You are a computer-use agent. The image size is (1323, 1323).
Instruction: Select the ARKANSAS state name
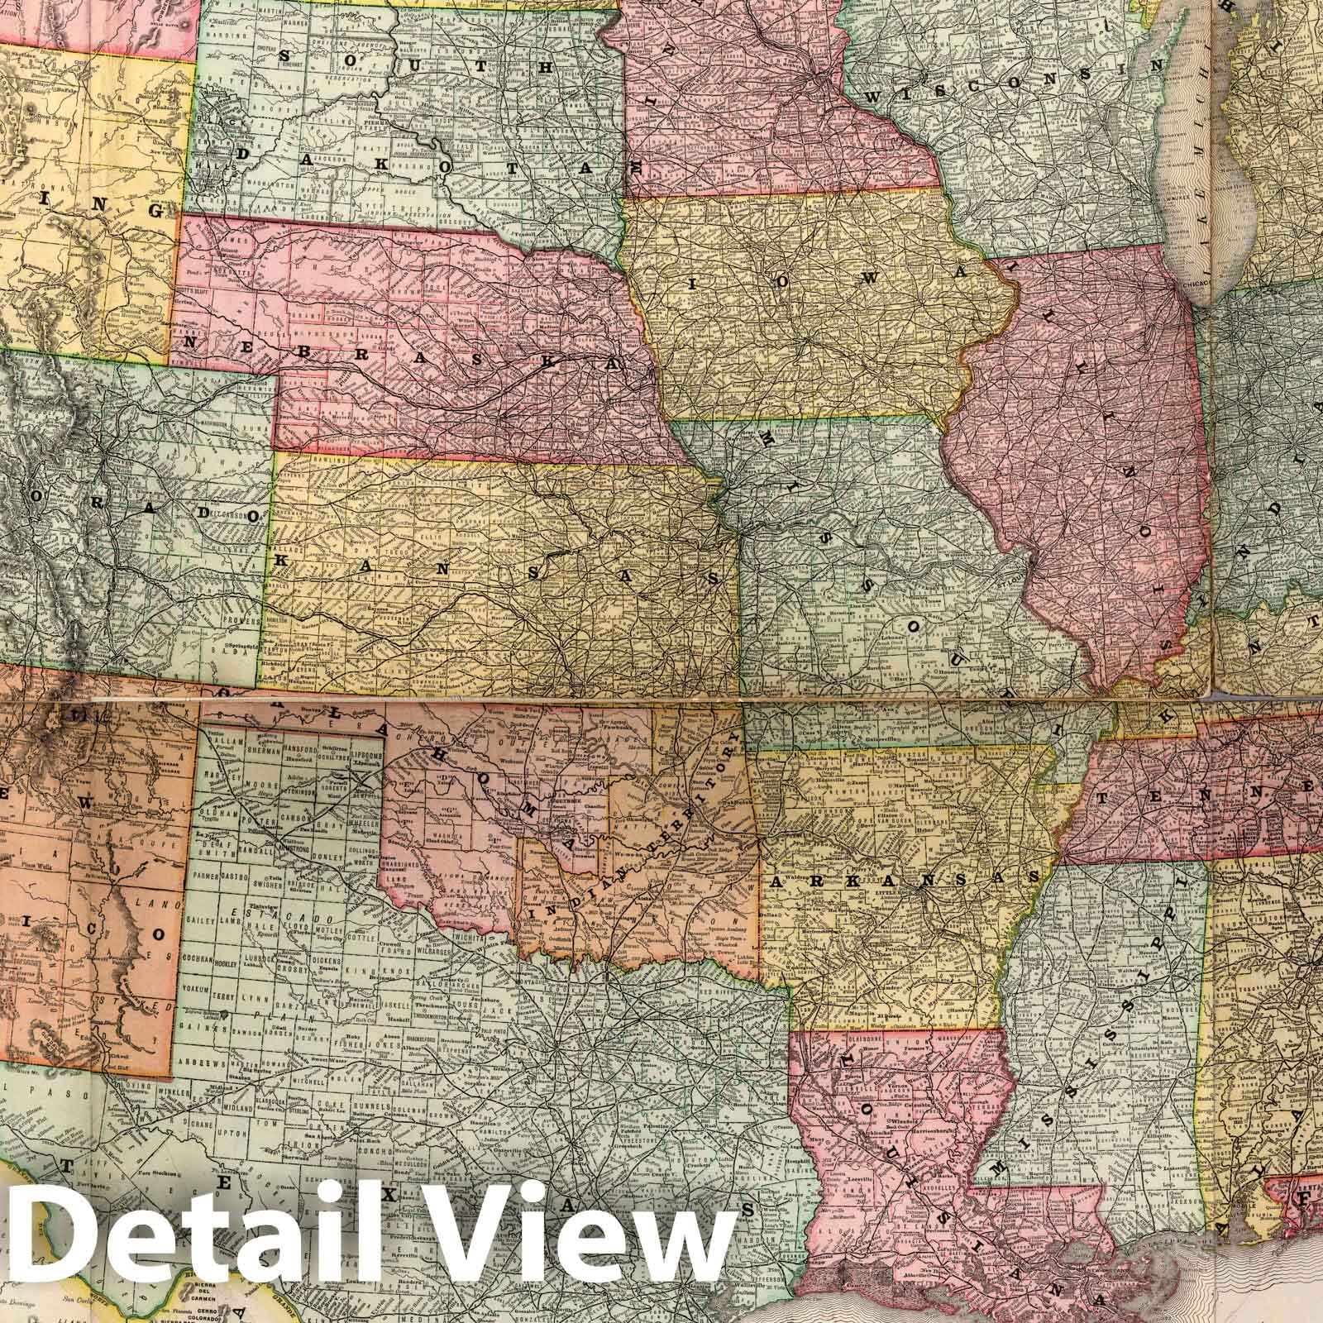(900, 883)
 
